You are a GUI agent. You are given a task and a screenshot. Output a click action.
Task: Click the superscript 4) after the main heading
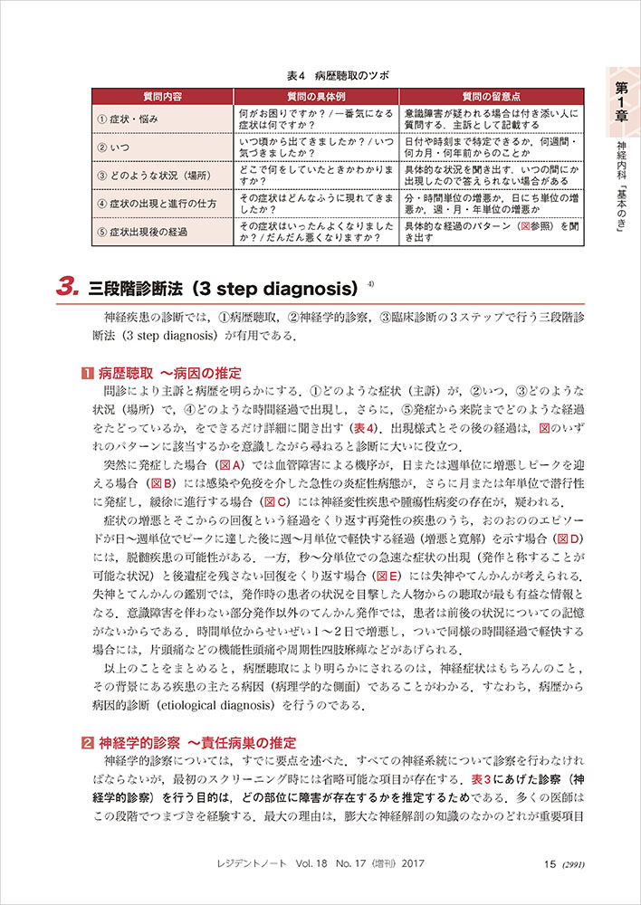point(371,283)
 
